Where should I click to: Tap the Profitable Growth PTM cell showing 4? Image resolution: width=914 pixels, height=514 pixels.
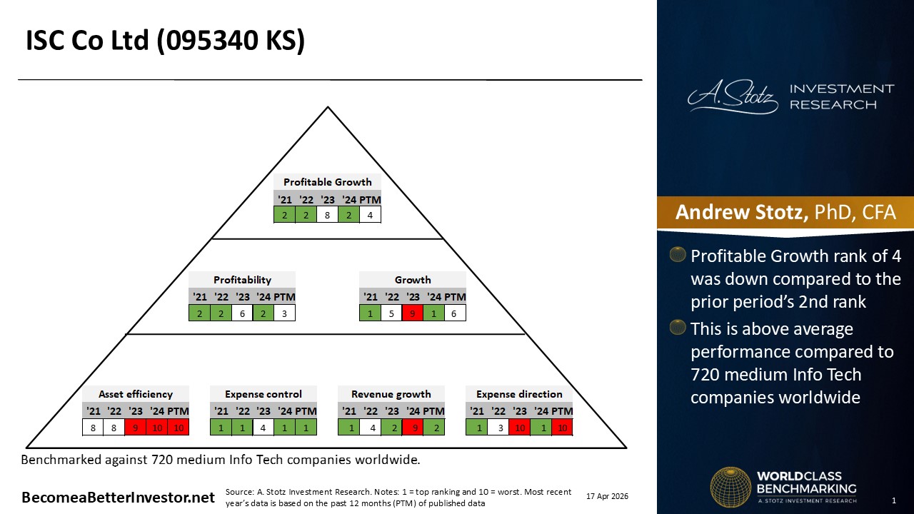pyautogui.click(x=370, y=215)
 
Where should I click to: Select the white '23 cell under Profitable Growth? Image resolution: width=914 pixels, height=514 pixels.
pyautogui.click(x=327, y=215)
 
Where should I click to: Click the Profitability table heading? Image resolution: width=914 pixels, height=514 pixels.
pyautogui.click(x=242, y=280)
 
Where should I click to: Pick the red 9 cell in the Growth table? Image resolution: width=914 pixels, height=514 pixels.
pyautogui.click(x=413, y=313)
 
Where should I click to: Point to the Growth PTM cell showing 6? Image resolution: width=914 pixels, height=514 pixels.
pyautogui.click(x=455, y=313)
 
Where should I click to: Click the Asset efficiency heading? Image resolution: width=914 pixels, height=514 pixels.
pyautogui.click(x=136, y=394)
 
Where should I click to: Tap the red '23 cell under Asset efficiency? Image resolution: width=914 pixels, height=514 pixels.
pyautogui.click(x=136, y=428)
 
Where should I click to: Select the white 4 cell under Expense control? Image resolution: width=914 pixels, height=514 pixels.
pyautogui.click(x=263, y=428)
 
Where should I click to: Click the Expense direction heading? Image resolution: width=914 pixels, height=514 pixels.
pyautogui.click(x=519, y=394)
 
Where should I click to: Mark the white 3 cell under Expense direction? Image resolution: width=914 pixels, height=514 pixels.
pyautogui.click(x=498, y=428)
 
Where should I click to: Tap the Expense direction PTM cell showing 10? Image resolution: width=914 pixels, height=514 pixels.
pyautogui.click(x=562, y=428)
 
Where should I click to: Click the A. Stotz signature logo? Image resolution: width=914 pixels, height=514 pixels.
pyautogui.click(x=733, y=96)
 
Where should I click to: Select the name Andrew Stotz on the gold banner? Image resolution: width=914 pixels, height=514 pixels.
pyautogui.click(x=741, y=212)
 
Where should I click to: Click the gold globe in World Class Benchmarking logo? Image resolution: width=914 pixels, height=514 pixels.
pyautogui.click(x=730, y=488)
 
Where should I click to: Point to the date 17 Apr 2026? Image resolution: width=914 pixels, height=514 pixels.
pyautogui.click(x=607, y=496)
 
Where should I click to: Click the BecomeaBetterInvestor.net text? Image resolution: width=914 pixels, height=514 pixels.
pyautogui.click(x=118, y=498)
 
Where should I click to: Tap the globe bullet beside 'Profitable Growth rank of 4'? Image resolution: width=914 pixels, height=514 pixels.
pyautogui.click(x=678, y=254)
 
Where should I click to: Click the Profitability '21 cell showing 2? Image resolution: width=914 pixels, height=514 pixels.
pyautogui.click(x=199, y=313)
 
